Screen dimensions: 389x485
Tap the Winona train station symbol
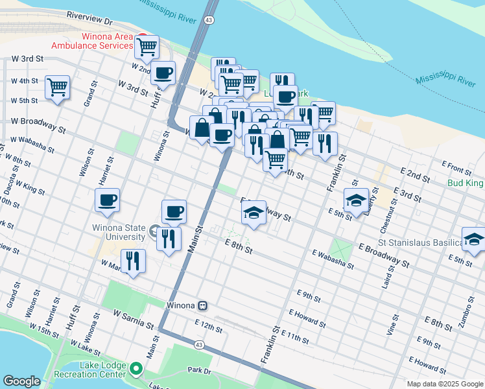(203, 305)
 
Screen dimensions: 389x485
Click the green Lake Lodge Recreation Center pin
(136, 370)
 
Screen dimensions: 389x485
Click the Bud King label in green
(466, 183)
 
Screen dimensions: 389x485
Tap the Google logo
(21, 381)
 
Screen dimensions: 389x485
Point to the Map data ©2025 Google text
(445, 384)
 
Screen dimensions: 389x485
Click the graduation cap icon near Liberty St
(356, 200)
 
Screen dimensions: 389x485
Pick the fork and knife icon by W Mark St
(133, 261)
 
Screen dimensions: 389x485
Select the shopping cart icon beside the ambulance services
(147, 46)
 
